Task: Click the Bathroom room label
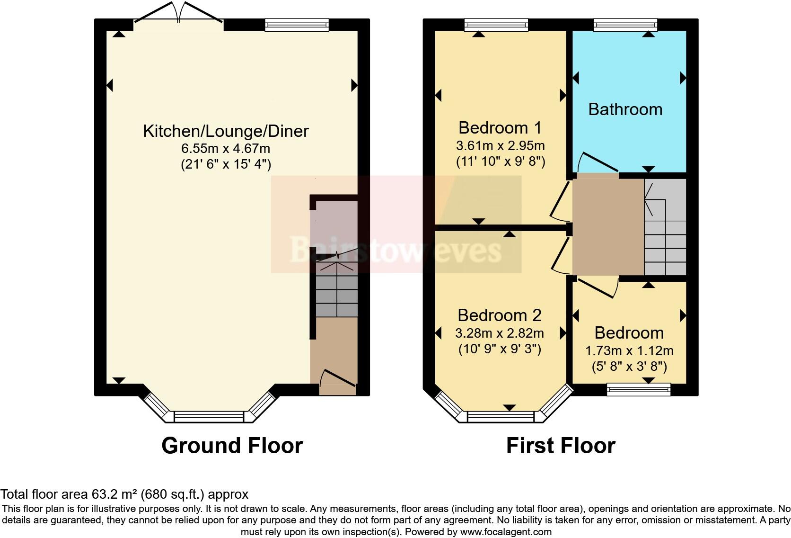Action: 625,109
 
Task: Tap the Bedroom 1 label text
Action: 500,127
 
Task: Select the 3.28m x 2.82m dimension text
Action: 500,333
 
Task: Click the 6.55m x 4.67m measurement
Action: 226,148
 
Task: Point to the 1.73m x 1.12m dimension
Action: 629,351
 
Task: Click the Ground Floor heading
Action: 232,446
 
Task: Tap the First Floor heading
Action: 561,446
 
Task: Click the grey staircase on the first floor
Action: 665,227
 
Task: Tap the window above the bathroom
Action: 625,25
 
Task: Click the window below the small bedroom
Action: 639,390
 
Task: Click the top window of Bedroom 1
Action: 496,25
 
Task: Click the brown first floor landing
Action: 607,225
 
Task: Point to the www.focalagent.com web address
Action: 505,532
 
